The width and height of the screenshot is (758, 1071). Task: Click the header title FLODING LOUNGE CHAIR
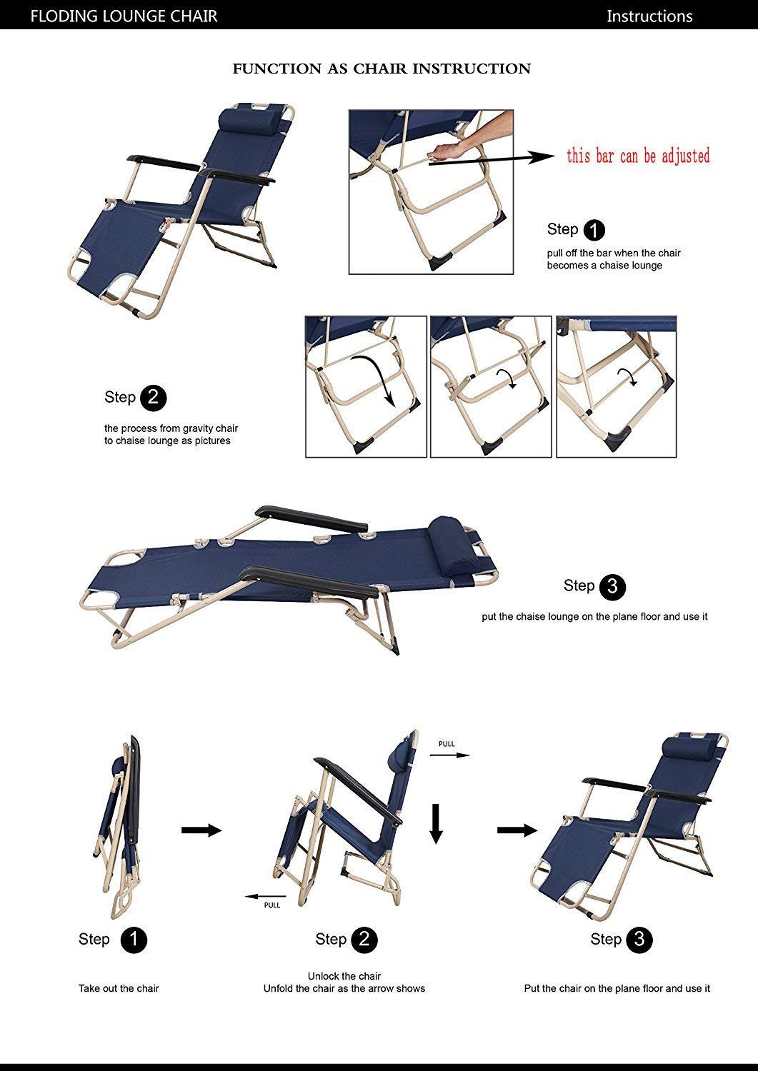click(x=124, y=16)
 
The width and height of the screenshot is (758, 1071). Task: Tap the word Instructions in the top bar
click(x=649, y=16)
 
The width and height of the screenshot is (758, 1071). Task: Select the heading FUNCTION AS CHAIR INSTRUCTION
click(x=382, y=69)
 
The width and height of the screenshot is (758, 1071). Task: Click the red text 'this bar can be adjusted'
click(x=638, y=156)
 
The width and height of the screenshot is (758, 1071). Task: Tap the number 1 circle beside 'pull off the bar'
click(x=594, y=230)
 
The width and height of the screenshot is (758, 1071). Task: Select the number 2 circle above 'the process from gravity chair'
click(x=154, y=398)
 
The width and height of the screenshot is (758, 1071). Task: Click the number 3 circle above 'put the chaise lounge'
click(x=612, y=586)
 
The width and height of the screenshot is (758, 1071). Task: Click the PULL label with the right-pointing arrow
click(x=447, y=744)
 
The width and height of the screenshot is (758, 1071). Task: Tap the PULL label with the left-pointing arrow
click(x=272, y=905)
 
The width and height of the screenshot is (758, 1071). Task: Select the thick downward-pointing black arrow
click(x=436, y=823)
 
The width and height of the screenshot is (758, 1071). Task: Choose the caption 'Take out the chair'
click(x=119, y=988)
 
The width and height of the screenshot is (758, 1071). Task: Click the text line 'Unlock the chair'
click(x=344, y=976)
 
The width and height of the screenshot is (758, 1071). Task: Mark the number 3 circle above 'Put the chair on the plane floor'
click(x=639, y=940)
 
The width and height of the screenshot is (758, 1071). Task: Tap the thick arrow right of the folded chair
click(x=201, y=830)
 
